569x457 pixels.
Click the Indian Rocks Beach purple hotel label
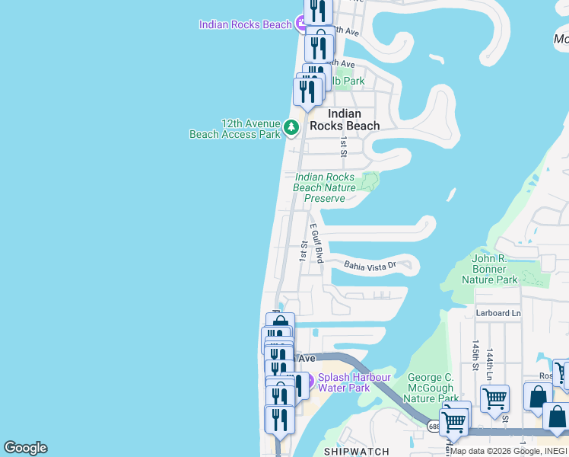click(x=245, y=24)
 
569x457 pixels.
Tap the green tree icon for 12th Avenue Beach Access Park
click(x=291, y=127)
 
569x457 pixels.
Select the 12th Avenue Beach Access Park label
click(x=235, y=129)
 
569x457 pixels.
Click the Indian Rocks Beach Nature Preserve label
click(x=325, y=187)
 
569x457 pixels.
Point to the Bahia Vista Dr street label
click(x=370, y=266)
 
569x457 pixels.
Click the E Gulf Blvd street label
click(x=316, y=243)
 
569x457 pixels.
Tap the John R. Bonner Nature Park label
click(x=489, y=269)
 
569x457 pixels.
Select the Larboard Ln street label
click(x=498, y=313)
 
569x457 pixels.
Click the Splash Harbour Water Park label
click(x=354, y=382)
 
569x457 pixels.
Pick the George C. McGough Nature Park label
click(x=431, y=388)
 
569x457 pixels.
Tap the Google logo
click(x=25, y=448)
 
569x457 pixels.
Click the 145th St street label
click(x=476, y=355)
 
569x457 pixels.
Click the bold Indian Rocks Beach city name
click(x=344, y=120)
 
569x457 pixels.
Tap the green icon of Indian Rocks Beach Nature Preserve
click(x=370, y=181)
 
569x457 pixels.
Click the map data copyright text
click(x=509, y=451)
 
